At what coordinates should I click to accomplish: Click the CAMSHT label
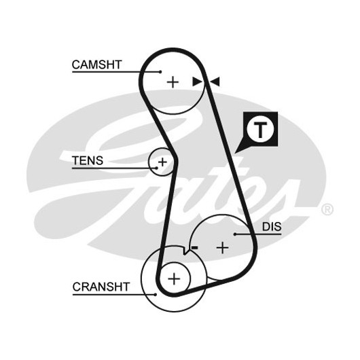click(96, 65)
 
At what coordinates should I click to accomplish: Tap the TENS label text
click(88, 160)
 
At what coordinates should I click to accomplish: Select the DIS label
click(272, 227)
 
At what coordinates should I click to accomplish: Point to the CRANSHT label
click(101, 287)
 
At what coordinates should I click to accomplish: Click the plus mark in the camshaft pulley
click(173, 82)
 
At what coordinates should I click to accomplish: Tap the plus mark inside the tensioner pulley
click(162, 162)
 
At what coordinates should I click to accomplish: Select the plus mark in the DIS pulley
click(223, 248)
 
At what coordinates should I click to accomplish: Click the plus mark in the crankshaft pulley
click(175, 279)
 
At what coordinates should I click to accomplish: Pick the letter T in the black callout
click(260, 130)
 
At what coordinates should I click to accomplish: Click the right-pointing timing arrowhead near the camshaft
click(197, 82)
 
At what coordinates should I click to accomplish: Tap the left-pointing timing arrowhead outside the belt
click(215, 82)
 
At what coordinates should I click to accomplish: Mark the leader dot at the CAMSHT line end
click(160, 72)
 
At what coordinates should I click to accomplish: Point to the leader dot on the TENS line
click(157, 168)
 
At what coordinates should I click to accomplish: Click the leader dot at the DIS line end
click(235, 234)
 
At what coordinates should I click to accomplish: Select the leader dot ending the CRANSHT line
click(156, 295)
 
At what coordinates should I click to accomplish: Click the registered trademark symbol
click(327, 210)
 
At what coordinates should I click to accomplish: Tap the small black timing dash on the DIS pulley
click(195, 247)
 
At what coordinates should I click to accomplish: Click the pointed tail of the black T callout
click(235, 153)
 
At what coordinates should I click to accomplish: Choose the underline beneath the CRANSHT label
click(114, 295)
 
